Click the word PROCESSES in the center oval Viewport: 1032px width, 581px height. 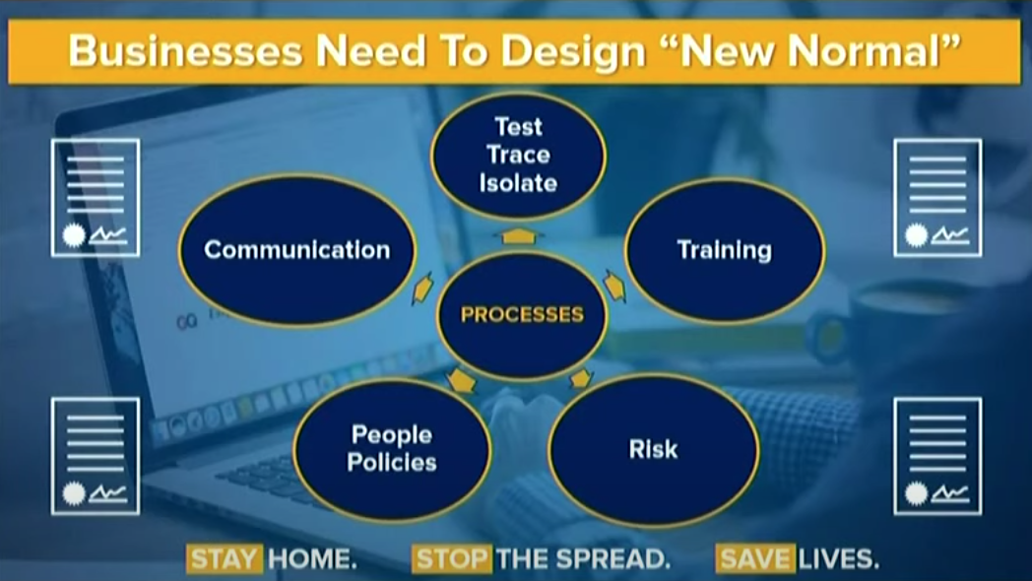pyautogui.click(x=522, y=314)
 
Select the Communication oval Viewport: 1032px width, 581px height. pyautogui.click(x=296, y=250)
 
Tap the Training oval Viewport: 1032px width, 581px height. pyautogui.click(x=725, y=250)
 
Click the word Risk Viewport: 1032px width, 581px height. pyautogui.click(x=653, y=449)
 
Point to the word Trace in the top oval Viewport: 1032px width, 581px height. pyautogui.click(x=519, y=155)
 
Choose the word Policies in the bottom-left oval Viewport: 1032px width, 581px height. pyautogui.click(x=392, y=462)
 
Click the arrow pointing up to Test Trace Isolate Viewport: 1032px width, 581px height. pyautogui.click(x=519, y=235)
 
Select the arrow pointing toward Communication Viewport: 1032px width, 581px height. pyautogui.click(x=422, y=289)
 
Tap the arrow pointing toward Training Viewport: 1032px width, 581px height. pyautogui.click(x=614, y=287)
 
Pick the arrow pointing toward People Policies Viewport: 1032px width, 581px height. pyautogui.click(x=462, y=380)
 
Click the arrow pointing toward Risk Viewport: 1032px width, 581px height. pyautogui.click(x=581, y=378)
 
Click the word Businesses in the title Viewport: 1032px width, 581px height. pyautogui.click(x=185, y=51)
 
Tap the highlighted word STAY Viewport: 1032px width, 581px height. pyautogui.click(x=225, y=559)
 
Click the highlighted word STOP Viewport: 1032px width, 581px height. pyautogui.click(x=451, y=559)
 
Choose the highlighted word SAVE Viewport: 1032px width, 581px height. pyautogui.click(x=755, y=559)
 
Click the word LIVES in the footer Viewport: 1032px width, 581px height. pyautogui.click(x=839, y=559)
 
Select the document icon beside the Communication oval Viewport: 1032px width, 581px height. pyautogui.click(x=96, y=197)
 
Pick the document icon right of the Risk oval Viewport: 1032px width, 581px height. pyautogui.click(x=937, y=456)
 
